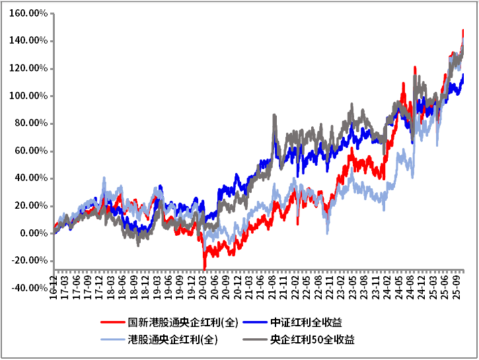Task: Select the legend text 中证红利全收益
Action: point(306,323)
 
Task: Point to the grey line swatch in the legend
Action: point(254,340)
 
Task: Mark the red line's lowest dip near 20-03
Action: point(205,268)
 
